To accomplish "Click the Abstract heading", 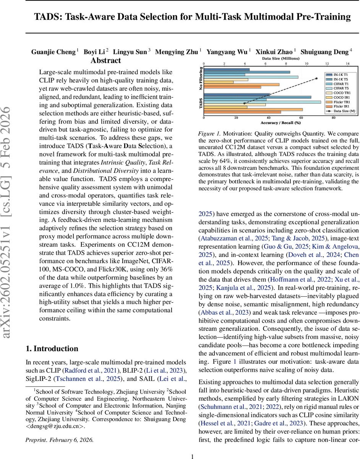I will click(x=105, y=60).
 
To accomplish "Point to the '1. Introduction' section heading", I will click(x=52, y=348).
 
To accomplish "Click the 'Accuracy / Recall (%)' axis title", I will click(x=281, y=123).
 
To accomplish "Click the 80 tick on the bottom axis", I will click(x=334, y=118).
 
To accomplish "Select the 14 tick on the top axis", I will click(x=347, y=63).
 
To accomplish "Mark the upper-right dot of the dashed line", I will click(x=317, y=78).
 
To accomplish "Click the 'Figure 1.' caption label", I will click(x=209, y=133).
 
